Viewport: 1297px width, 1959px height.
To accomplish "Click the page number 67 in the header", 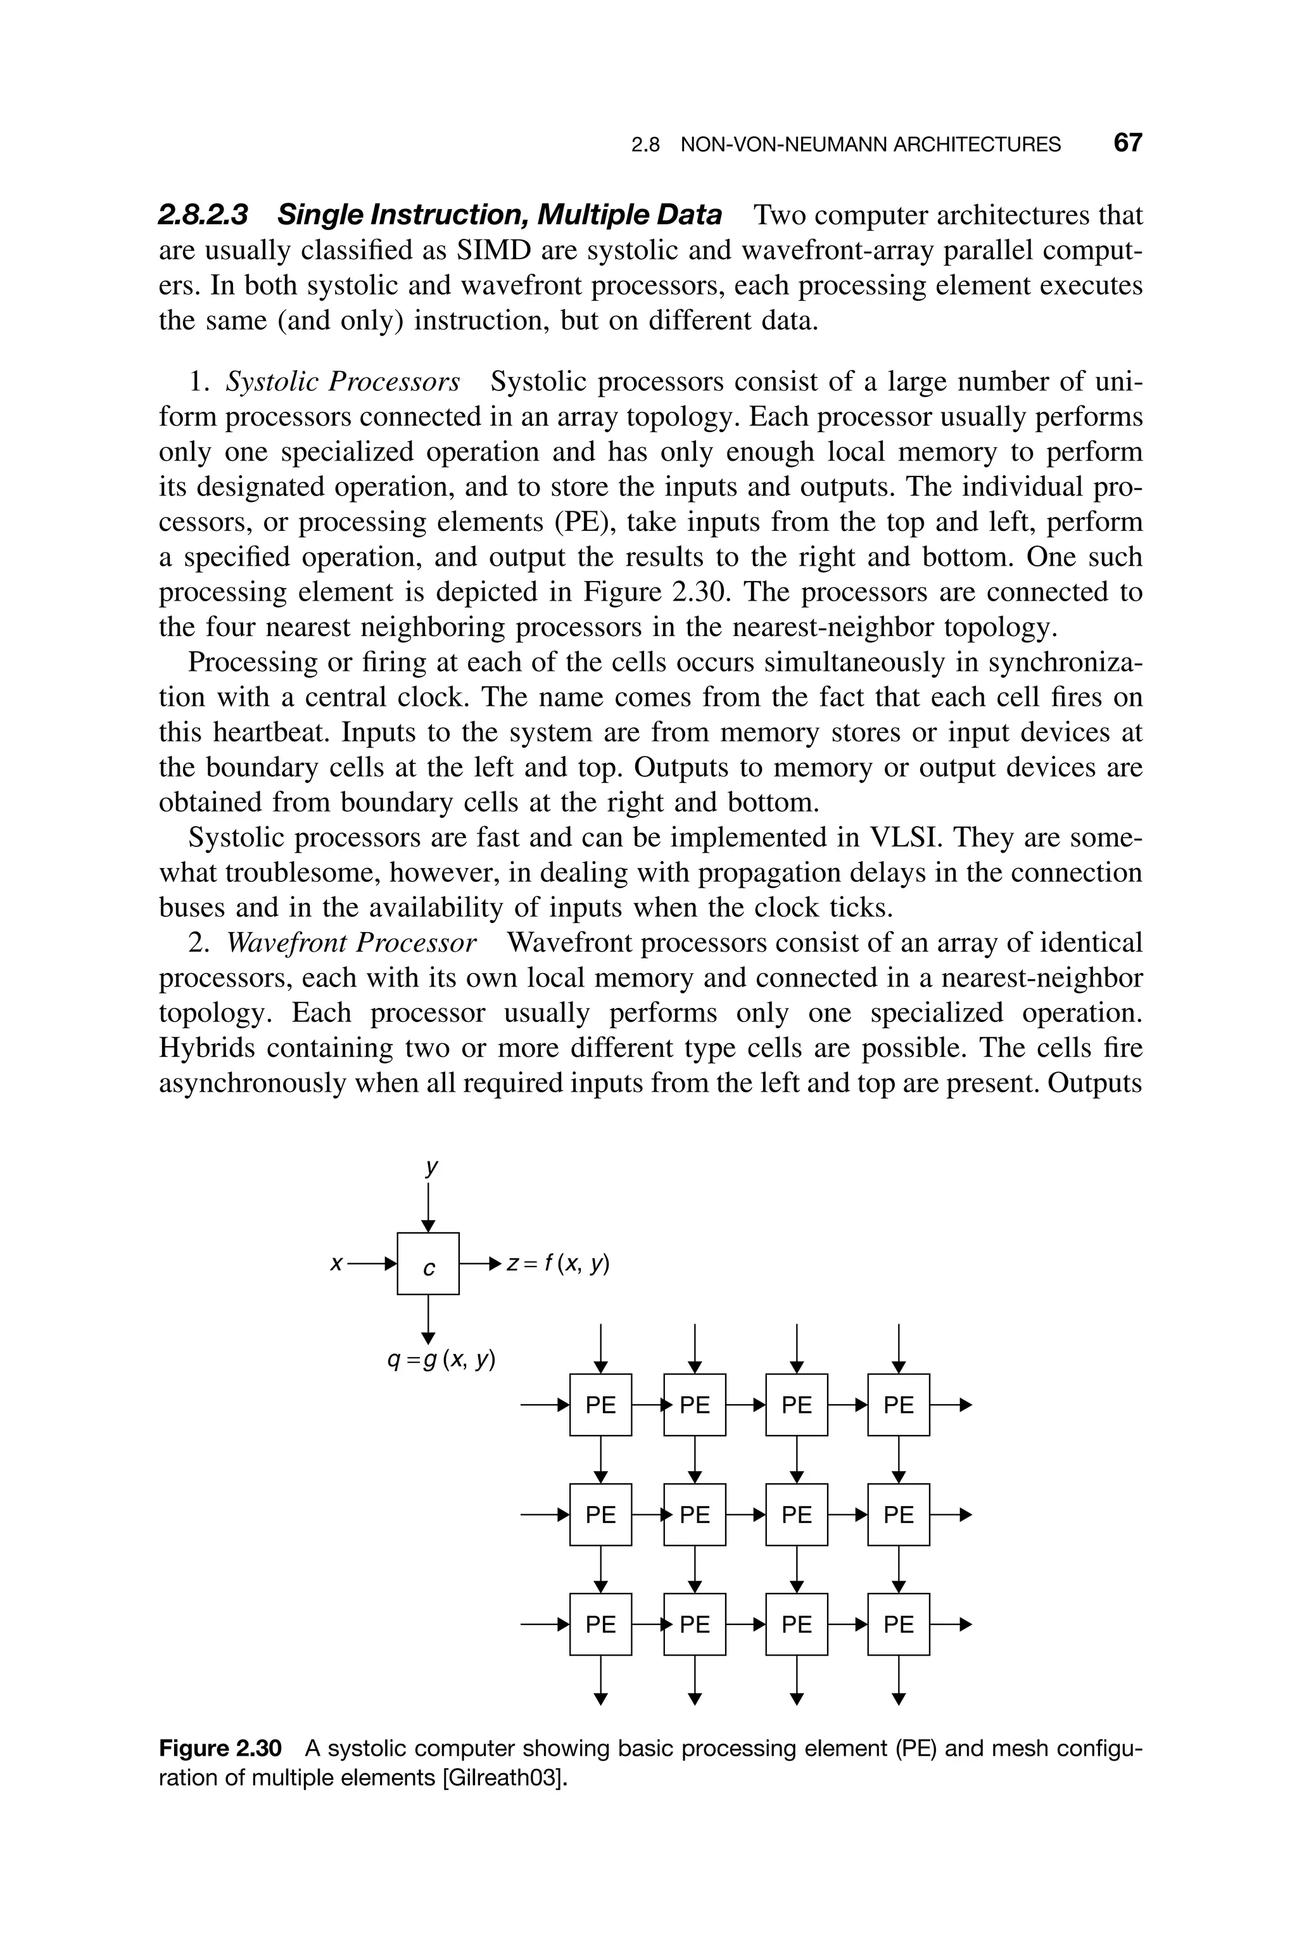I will pos(1127,143).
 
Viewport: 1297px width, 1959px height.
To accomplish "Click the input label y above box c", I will pos(430,1166).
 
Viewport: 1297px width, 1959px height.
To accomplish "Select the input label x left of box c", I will pos(336,1264).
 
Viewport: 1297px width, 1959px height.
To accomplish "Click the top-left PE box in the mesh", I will pos(600,1405).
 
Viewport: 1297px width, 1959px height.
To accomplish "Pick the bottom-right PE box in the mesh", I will pos(898,1624).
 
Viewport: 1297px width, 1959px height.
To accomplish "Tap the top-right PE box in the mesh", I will pos(898,1405).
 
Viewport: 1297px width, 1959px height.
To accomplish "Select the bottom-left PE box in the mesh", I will pos(600,1624).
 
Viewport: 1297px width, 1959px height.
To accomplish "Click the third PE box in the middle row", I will pos(797,1515).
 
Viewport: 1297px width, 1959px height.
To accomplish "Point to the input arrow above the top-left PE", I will pos(602,1348).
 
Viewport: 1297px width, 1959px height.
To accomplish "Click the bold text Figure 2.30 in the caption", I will pos(220,1748).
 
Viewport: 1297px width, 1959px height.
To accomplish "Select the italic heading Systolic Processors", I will pos(343,381).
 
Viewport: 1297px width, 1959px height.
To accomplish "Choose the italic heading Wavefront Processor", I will pos(351,942).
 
